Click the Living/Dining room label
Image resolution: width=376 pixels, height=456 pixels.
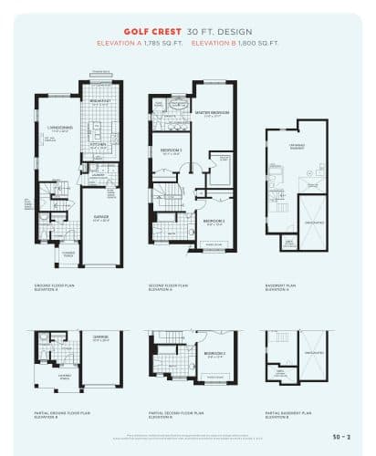click(x=60, y=130)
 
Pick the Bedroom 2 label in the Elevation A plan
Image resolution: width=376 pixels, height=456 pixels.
click(x=214, y=222)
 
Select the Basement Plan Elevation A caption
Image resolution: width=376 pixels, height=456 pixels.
click(x=283, y=287)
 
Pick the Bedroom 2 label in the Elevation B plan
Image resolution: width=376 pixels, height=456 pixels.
click(x=214, y=355)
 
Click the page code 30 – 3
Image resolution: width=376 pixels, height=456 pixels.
click(x=343, y=437)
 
